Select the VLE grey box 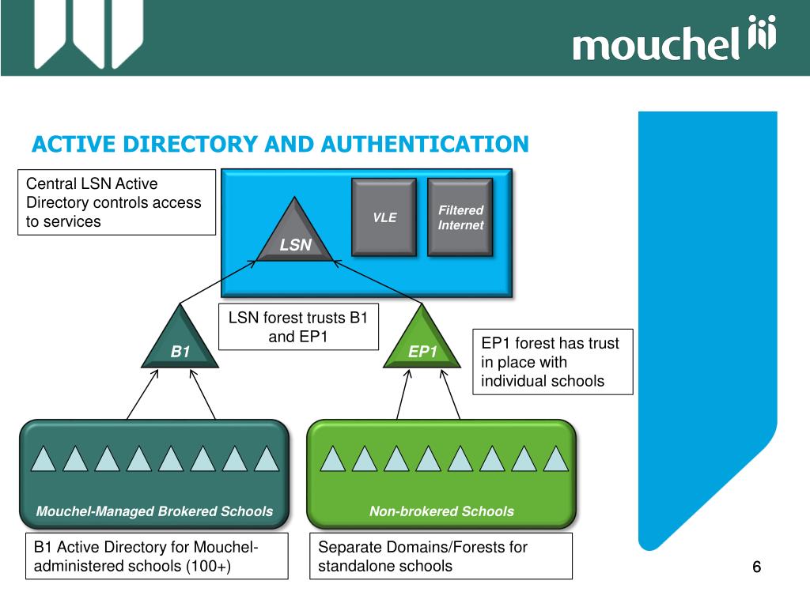(x=384, y=217)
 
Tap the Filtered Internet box (x=460, y=217)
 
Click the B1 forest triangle (x=180, y=343)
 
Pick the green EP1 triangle (x=422, y=343)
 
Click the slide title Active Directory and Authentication (x=280, y=145)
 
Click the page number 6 (x=756, y=567)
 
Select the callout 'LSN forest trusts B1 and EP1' (x=298, y=327)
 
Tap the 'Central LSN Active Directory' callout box (x=117, y=202)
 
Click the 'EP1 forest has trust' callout (x=553, y=361)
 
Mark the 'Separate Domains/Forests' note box (x=440, y=556)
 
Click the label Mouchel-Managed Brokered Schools (x=154, y=511)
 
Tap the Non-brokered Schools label (x=441, y=511)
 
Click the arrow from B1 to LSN (x=218, y=282)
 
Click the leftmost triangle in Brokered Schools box (x=44, y=458)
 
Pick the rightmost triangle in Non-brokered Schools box (x=557, y=458)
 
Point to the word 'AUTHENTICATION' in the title (x=425, y=145)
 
